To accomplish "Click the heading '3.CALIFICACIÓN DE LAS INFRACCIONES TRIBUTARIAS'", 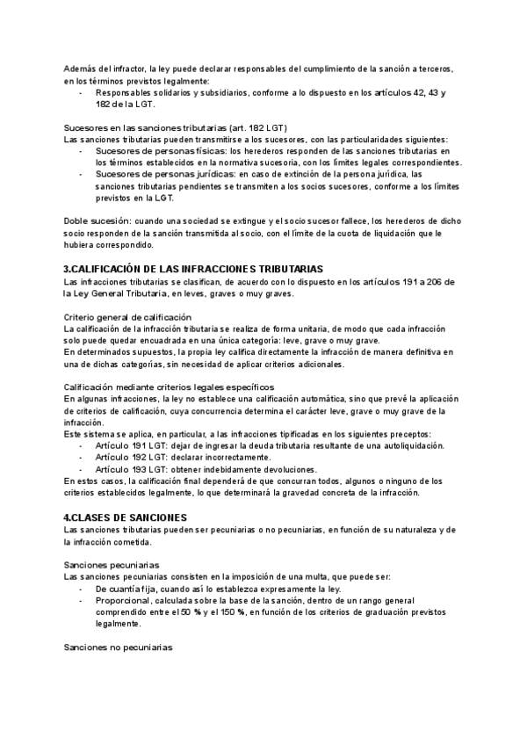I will (194, 268).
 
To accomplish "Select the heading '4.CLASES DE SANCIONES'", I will (126, 517).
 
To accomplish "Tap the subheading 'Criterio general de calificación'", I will (128, 316).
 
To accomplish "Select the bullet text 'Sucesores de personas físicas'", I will (155, 151).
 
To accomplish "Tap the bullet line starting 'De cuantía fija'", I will (227, 588).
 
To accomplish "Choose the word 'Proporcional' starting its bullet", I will (120, 600).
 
